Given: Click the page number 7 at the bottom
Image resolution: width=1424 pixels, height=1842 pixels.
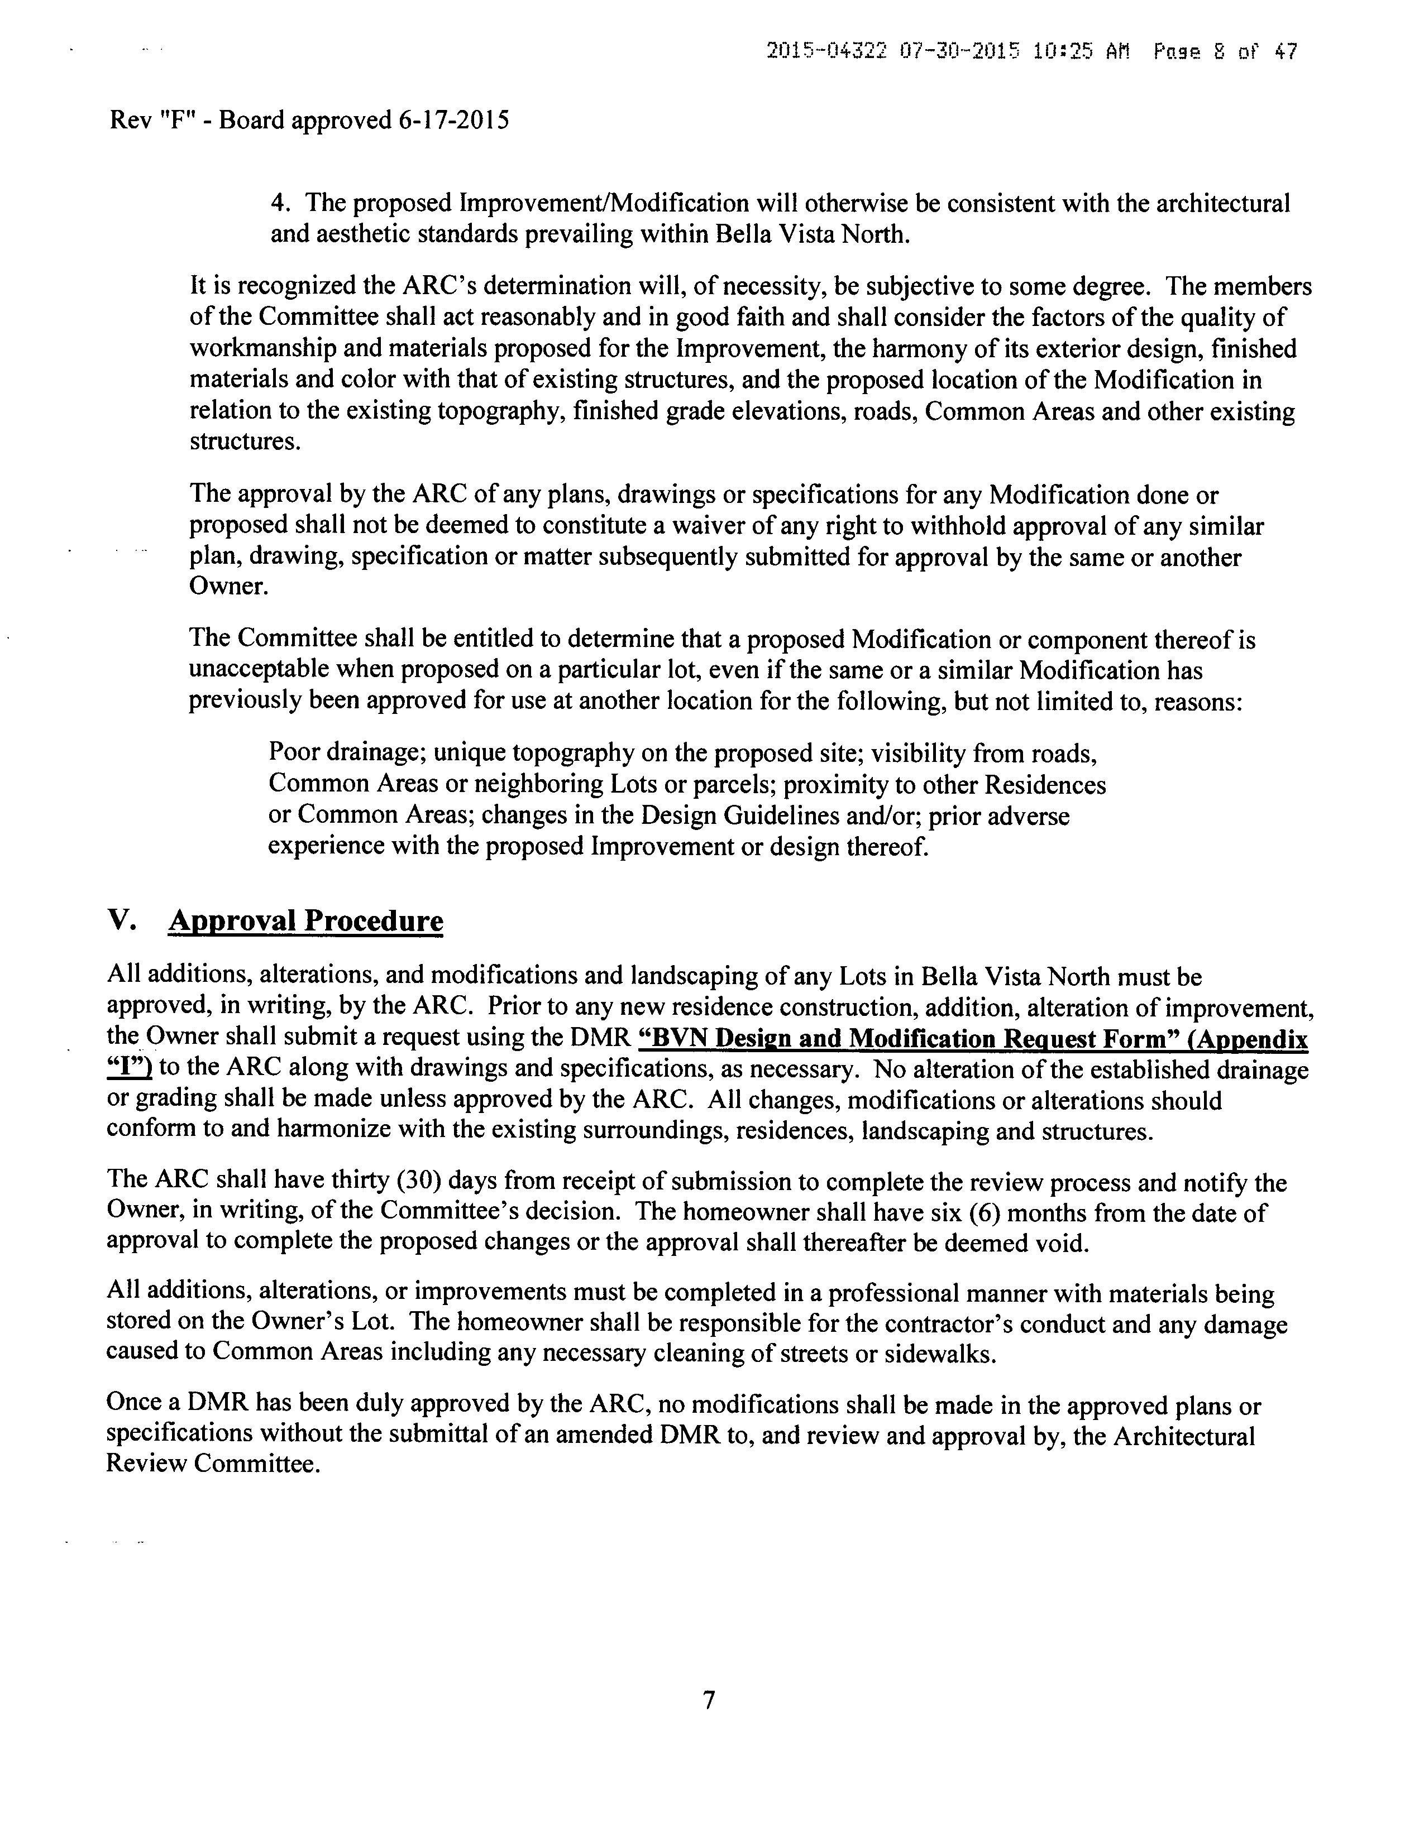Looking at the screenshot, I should point(709,1700).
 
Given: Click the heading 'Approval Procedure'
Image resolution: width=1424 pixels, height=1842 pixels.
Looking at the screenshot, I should point(305,920).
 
